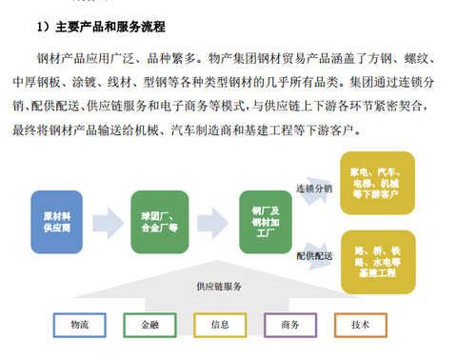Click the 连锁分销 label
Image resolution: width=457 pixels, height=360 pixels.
point(314,188)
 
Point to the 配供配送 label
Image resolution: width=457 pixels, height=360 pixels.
point(314,255)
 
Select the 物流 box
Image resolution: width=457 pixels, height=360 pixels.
point(80,325)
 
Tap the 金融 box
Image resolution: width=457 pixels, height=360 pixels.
point(149,325)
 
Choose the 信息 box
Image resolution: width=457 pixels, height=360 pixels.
point(220,325)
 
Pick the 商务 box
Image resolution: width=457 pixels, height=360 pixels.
point(290,325)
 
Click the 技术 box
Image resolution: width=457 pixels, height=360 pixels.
point(361,325)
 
